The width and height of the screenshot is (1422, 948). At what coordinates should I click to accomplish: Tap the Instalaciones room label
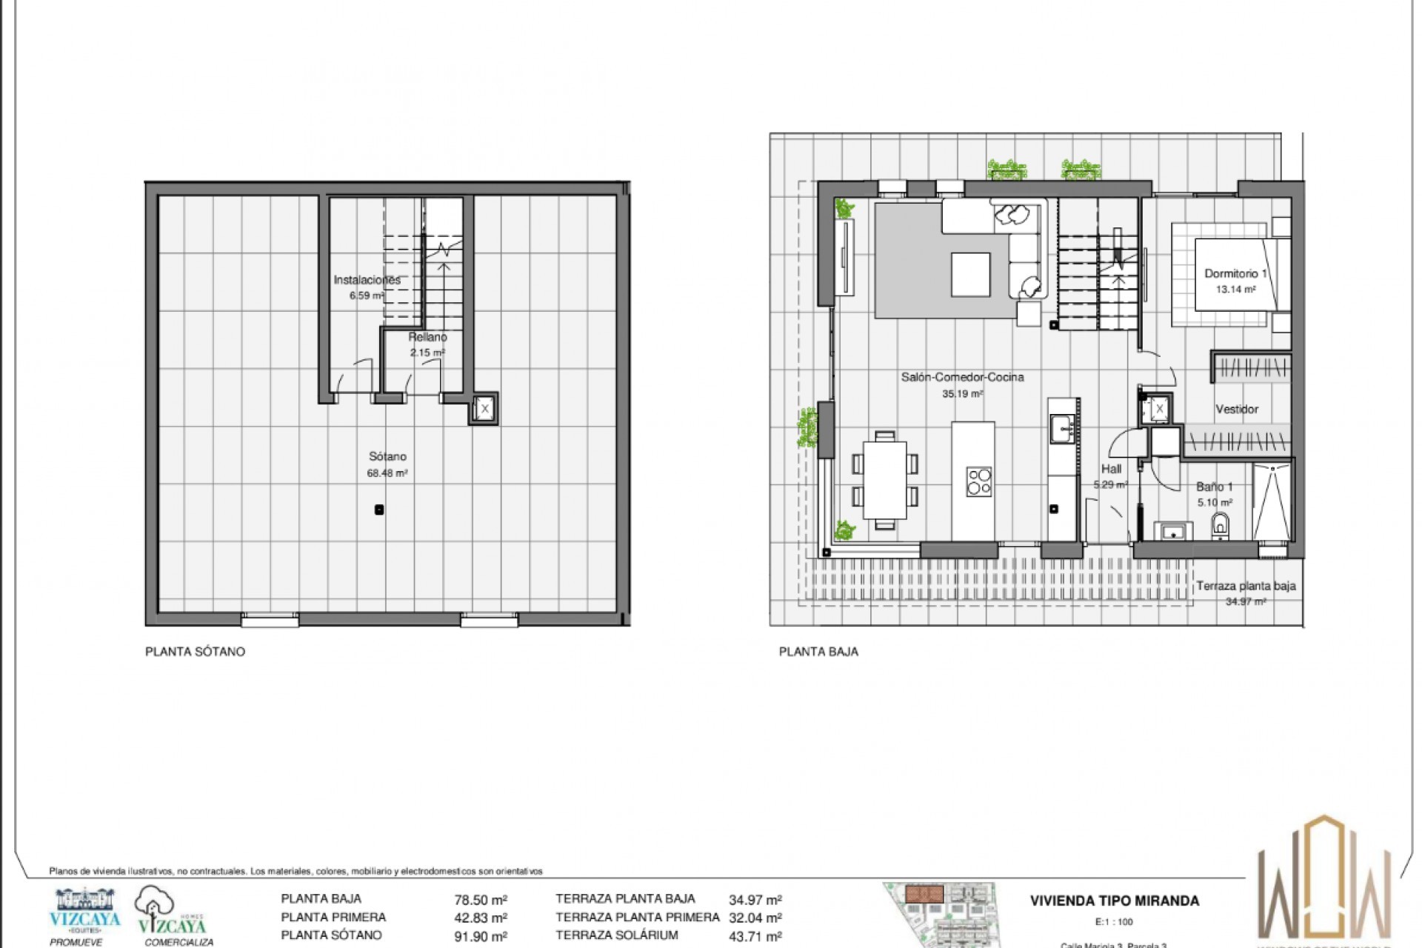367,280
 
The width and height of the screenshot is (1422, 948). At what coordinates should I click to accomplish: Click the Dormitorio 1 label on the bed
1235,274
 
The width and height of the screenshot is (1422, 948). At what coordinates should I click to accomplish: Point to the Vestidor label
1236,409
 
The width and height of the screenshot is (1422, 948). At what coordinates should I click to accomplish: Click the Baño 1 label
1215,487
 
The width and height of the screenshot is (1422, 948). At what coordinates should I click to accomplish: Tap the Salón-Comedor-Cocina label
962,378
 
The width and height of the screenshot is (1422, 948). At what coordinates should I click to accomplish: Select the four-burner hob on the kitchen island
978,481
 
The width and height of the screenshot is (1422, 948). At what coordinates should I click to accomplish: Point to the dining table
884,480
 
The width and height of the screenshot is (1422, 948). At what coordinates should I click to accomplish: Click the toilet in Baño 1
1220,527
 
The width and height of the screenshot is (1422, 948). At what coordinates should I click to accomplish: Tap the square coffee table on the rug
970,275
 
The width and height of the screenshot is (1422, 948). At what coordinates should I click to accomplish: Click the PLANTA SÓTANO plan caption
195,652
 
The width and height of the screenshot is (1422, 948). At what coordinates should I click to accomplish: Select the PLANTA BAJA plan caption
818,652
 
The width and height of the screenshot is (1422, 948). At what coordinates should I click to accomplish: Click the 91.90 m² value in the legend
480,937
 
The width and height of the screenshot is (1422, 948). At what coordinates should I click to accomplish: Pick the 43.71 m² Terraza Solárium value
755,937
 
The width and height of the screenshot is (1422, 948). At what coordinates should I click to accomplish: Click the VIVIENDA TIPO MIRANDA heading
1114,901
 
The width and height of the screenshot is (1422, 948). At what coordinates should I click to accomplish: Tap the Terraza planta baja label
1246,586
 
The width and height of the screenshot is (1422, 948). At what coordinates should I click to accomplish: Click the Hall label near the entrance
1111,469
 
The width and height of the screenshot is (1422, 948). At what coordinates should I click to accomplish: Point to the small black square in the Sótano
379,510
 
